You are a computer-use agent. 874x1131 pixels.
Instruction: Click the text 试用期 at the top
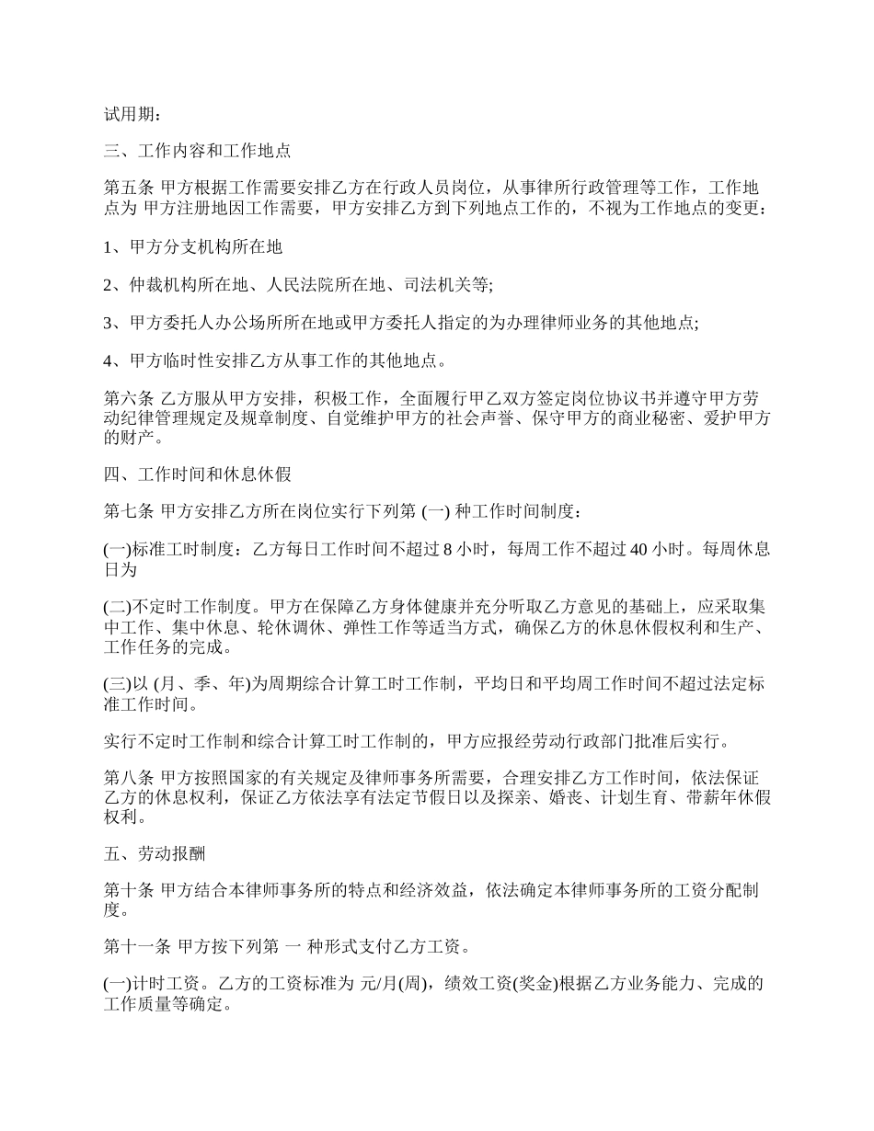tap(127, 115)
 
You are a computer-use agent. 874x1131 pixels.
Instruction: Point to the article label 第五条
tap(128, 188)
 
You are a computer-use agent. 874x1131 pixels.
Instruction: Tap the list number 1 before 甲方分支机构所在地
tap(108, 246)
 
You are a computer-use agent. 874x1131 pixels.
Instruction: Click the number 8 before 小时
tap(447, 550)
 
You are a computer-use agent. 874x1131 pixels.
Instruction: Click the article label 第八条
tap(128, 778)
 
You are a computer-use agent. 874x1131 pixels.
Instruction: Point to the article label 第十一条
tap(136, 948)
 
